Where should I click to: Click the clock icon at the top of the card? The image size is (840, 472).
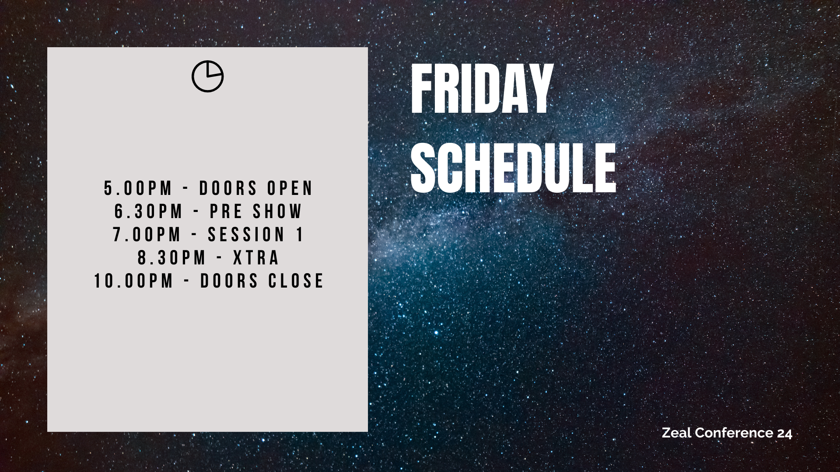pos(208,76)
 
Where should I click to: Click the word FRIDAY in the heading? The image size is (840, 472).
pos(482,89)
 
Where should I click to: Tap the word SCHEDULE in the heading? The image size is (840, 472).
pos(513,168)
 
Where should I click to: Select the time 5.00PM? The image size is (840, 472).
pos(138,188)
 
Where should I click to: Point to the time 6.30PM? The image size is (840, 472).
pos(149,212)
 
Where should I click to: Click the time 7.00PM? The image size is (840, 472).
pos(147,235)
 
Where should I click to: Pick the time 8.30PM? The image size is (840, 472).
pos(171,258)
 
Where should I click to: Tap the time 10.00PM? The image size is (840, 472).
pos(134,281)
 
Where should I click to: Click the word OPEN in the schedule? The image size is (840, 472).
pos(290,188)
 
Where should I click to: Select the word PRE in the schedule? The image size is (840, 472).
pos(226,212)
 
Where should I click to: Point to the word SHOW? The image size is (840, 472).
pos(277,212)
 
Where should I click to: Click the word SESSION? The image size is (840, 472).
pos(246,235)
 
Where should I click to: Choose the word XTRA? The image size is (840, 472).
pos(256,258)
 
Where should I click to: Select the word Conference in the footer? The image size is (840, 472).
pos(734,433)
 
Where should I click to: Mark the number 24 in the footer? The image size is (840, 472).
pos(785,433)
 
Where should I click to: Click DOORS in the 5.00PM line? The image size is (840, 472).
pos(228,188)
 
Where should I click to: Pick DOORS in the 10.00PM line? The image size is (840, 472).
pos(229,281)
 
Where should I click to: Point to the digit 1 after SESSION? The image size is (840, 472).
pos(300,235)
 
